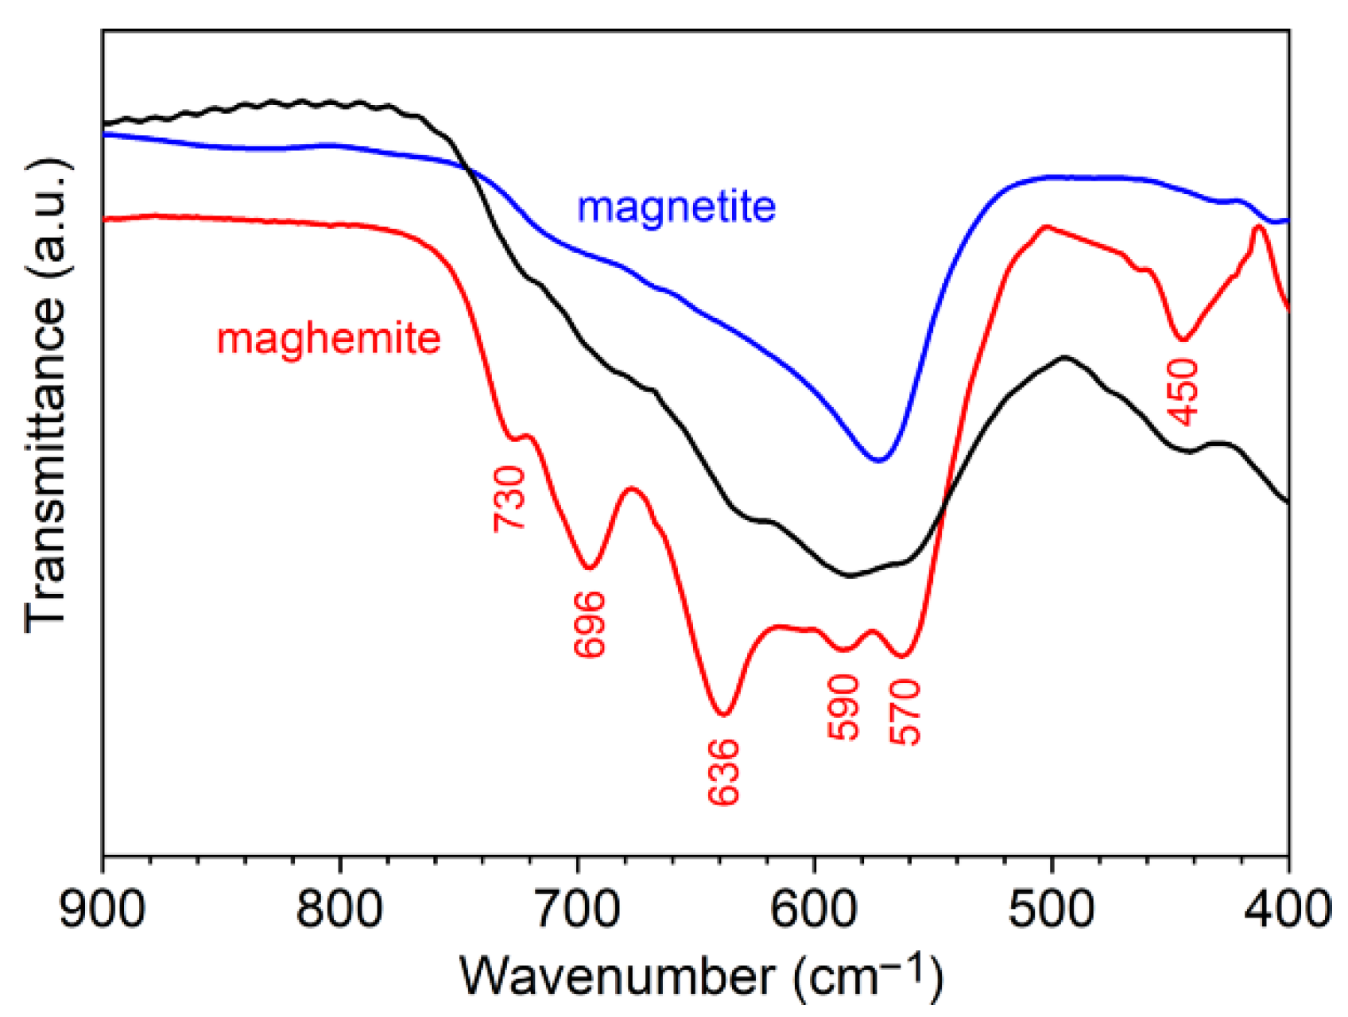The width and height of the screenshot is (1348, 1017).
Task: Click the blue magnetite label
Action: (x=676, y=207)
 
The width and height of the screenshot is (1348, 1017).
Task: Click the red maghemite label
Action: (x=328, y=339)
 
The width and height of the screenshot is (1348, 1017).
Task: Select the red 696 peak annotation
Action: (x=590, y=624)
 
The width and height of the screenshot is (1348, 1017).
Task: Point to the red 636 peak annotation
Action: (x=724, y=772)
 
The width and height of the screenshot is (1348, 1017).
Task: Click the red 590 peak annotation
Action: (x=843, y=707)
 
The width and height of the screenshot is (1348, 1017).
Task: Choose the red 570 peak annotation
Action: (x=904, y=712)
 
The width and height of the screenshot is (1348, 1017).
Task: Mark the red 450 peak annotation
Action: (x=1183, y=391)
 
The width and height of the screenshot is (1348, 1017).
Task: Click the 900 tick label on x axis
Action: (x=103, y=908)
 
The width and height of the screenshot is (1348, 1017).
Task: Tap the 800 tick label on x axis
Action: (x=340, y=908)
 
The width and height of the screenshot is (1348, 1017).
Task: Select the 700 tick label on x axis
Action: (x=577, y=908)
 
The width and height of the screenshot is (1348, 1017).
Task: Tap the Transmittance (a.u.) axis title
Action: (x=46, y=395)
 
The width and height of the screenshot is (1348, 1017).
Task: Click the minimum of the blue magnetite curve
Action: (x=878, y=460)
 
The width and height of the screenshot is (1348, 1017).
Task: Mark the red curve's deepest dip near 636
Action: (x=722, y=713)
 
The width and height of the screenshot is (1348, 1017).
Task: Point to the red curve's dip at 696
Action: (x=589, y=568)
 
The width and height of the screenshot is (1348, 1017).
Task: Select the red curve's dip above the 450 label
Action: (x=1183, y=340)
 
